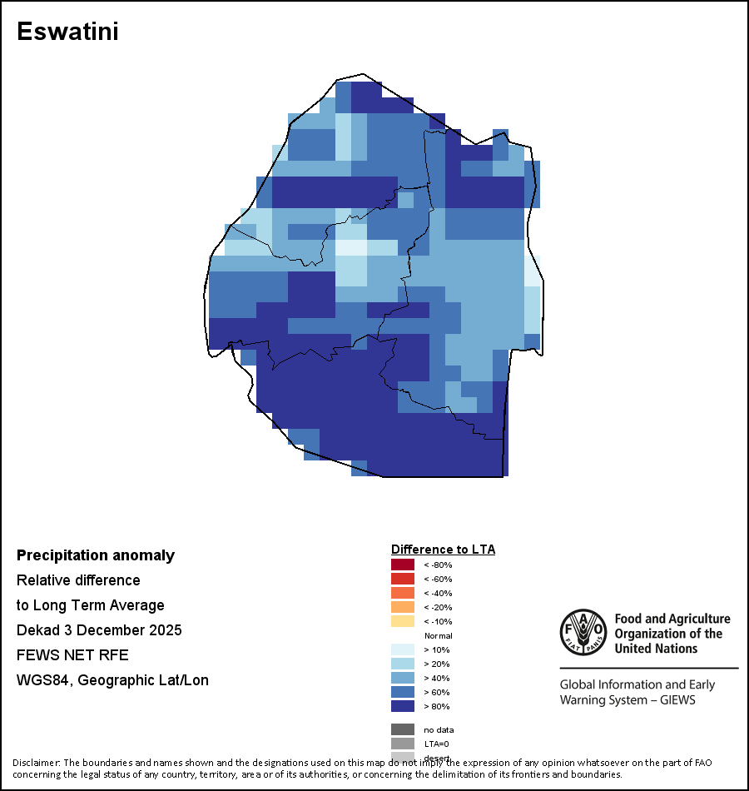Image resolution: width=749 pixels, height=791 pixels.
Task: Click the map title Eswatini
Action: coord(67,32)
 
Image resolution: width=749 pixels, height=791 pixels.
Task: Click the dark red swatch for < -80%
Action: coord(403,565)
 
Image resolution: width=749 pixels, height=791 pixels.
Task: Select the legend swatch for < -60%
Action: coord(403,579)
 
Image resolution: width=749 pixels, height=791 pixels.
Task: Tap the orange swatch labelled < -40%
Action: coord(403,593)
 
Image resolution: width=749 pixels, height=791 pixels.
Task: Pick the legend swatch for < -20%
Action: coord(403,607)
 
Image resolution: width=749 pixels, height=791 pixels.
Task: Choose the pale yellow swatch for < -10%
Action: coord(403,621)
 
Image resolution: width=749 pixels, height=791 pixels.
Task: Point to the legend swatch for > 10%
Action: coord(403,649)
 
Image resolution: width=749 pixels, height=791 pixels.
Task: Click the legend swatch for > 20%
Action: coord(403,664)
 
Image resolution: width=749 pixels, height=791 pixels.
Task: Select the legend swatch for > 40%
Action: coord(403,678)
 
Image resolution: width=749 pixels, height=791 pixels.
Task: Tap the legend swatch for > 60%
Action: coord(403,692)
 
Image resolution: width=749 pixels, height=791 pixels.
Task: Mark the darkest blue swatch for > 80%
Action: coord(403,706)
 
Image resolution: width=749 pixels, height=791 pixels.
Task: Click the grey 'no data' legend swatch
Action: coord(403,729)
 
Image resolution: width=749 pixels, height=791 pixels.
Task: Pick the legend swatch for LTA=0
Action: coord(403,744)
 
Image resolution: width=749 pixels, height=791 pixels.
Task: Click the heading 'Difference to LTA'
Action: coord(443,550)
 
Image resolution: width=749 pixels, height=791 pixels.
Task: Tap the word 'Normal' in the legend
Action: coord(438,636)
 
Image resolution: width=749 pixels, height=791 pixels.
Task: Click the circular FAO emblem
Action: coord(583,634)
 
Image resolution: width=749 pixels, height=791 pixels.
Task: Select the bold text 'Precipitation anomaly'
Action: coord(96,555)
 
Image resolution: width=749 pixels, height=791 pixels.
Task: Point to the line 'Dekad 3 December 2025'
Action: coord(99,630)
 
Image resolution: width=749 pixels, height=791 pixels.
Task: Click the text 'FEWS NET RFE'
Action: coord(72,655)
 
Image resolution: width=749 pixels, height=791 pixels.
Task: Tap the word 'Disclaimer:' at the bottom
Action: coord(36,763)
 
